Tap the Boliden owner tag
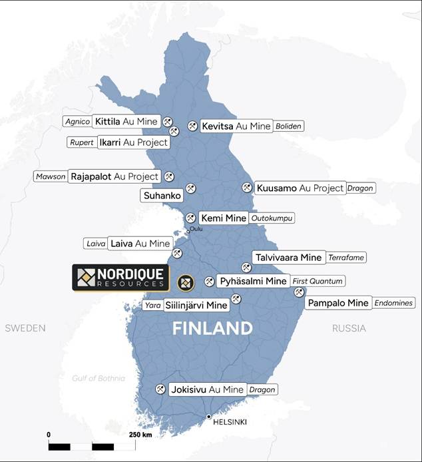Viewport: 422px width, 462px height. pyautogui.click(x=289, y=126)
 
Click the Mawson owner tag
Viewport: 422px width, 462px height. pyautogui.click(x=51, y=176)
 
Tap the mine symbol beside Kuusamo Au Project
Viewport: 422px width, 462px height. pyautogui.click(x=247, y=188)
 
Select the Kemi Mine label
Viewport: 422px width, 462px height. pyautogui.click(x=223, y=218)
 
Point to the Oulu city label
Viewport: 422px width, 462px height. pyautogui.click(x=196, y=230)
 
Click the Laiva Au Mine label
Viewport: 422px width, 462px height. pyautogui.click(x=140, y=244)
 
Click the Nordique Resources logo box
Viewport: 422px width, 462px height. pyautogui.click(x=120, y=278)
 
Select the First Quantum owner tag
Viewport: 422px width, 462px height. pyautogui.click(x=318, y=281)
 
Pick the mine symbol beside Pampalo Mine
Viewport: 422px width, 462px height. pyautogui.click(x=299, y=292)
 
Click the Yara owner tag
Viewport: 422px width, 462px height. pyautogui.click(x=152, y=306)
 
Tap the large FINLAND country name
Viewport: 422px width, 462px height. pyautogui.click(x=212, y=328)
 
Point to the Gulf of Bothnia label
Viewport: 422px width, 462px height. pyautogui.click(x=99, y=378)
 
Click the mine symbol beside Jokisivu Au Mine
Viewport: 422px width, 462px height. pyautogui.click(x=160, y=389)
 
